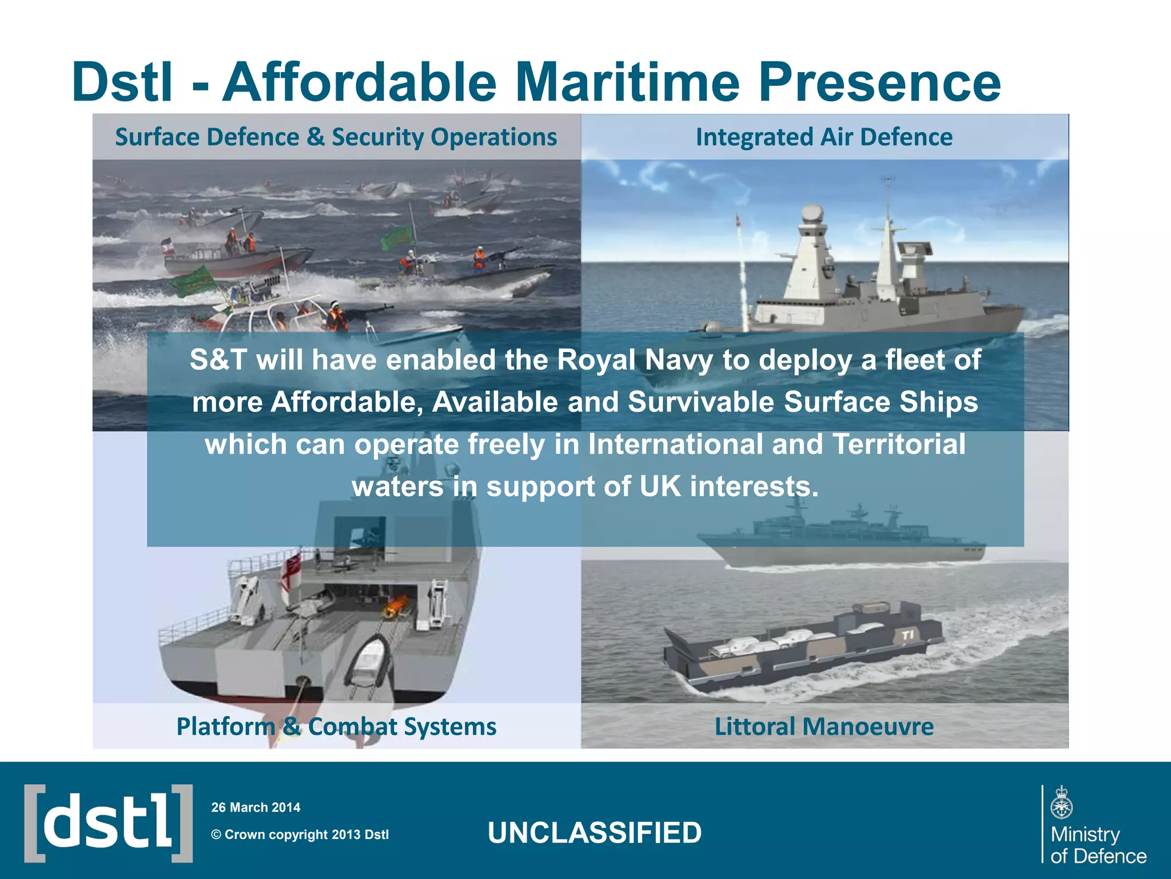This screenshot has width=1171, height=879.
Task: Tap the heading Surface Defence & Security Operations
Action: click(336, 137)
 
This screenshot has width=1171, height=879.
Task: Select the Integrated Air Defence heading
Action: click(824, 137)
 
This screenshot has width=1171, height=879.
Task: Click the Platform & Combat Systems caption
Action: click(336, 727)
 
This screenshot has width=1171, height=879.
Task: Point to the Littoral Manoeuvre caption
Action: click(824, 727)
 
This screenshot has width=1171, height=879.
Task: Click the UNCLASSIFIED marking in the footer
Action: click(595, 833)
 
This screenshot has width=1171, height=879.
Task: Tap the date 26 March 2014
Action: click(256, 807)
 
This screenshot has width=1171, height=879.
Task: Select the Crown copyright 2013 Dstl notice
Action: click(300, 834)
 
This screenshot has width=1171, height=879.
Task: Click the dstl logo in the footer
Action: click(108, 823)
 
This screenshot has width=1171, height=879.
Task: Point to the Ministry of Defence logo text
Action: click(1098, 845)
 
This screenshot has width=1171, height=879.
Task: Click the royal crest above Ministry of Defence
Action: click(1062, 803)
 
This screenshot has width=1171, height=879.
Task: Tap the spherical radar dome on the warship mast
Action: click(812, 214)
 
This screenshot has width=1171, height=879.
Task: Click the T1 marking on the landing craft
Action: click(907, 635)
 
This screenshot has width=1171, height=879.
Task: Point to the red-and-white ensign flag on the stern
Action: click(293, 572)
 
